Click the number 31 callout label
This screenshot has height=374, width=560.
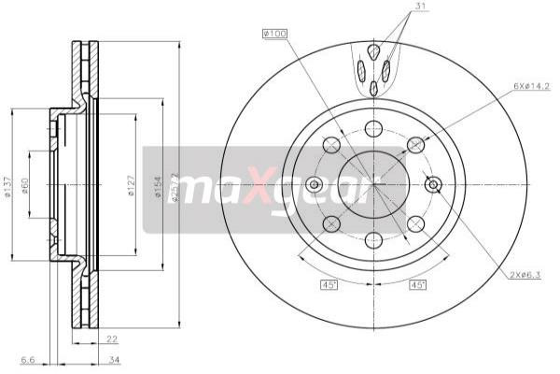(x=397, y=9)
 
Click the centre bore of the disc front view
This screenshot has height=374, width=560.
(x=373, y=184)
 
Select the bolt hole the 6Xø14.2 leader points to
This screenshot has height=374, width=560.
(x=415, y=144)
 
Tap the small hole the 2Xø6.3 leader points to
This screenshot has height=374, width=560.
(x=432, y=184)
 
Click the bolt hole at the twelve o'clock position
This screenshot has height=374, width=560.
(x=373, y=128)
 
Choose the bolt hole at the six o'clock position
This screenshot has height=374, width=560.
(x=373, y=240)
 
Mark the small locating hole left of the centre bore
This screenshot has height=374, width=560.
(x=315, y=184)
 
